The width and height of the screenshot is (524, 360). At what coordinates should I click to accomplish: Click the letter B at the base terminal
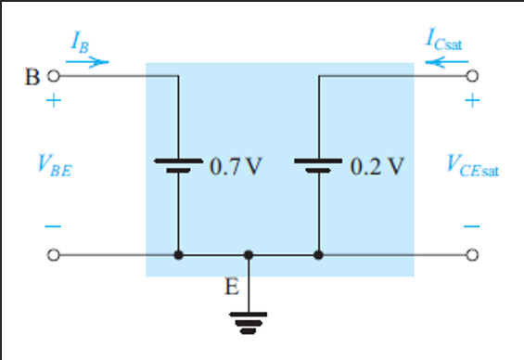click(31, 77)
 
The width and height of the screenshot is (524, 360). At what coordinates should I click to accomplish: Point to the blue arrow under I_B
click(89, 62)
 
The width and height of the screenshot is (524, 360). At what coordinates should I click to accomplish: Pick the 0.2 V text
click(377, 167)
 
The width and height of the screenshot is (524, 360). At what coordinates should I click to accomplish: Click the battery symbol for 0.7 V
click(177, 166)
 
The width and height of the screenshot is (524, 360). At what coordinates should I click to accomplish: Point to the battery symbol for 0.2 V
click(318, 166)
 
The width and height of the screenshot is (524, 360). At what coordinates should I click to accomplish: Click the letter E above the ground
click(232, 287)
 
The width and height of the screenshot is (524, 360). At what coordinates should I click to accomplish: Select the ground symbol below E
click(248, 322)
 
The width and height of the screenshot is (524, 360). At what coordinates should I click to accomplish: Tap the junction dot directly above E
click(248, 253)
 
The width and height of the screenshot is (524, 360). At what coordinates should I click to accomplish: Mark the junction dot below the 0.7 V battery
click(177, 253)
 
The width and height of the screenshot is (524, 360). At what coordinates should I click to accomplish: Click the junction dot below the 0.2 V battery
click(318, 253)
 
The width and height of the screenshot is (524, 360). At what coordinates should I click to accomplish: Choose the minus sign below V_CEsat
click(474, 225)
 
